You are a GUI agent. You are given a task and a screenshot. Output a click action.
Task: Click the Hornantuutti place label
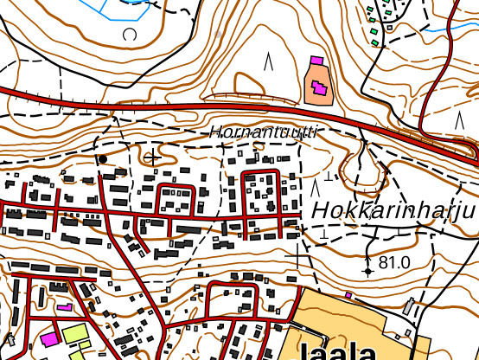(263, 132)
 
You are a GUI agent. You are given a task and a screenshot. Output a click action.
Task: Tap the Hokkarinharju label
(394, 211)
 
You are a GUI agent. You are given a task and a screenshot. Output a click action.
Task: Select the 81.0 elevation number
(393, 262)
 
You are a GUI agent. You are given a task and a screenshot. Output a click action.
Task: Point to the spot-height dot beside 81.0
(368, 271)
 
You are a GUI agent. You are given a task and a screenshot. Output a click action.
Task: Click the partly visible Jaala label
(337, 351)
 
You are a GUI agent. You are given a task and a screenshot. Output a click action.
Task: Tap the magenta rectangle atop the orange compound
(316, 61)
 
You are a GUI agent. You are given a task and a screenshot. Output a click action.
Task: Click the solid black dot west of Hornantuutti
(103, 159)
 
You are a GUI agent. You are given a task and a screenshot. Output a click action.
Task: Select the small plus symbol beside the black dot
(153, 157)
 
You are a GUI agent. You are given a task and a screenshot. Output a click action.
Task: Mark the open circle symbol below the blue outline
(131, 35)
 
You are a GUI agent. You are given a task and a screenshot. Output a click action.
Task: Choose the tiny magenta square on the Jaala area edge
(348, 295)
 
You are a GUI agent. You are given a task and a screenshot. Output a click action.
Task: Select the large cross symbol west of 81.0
(299, 257)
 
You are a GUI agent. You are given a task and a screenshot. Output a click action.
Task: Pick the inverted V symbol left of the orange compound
(269, 61)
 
